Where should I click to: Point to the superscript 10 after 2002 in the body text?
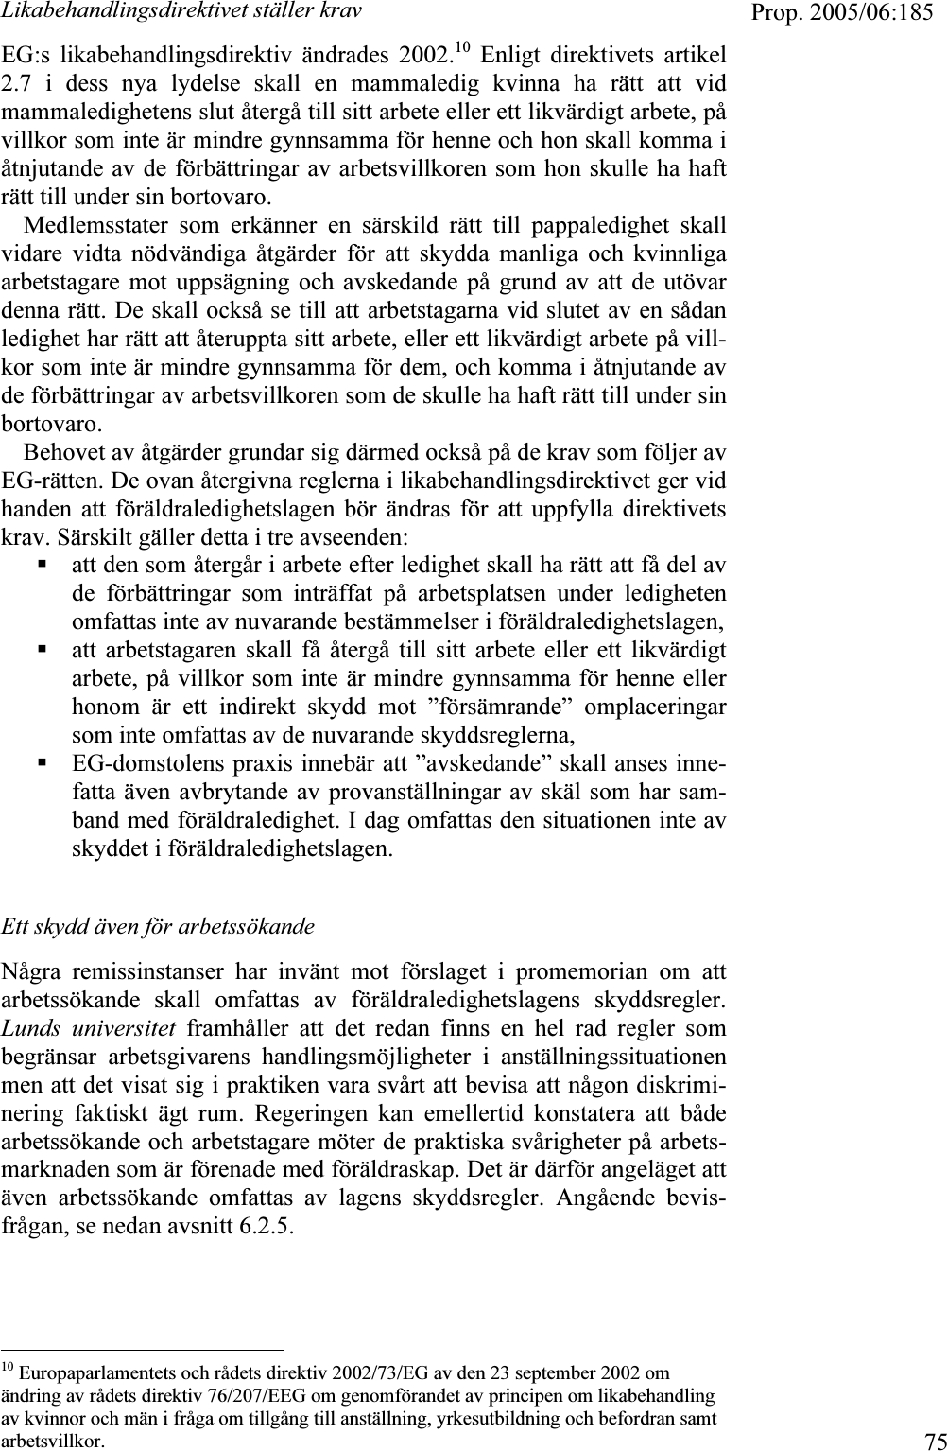click(462, 46)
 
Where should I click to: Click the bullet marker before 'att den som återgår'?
click(43, 565)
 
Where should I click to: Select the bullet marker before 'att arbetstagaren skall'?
click(43, 650)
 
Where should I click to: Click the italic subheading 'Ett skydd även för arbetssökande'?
click(158, 925)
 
